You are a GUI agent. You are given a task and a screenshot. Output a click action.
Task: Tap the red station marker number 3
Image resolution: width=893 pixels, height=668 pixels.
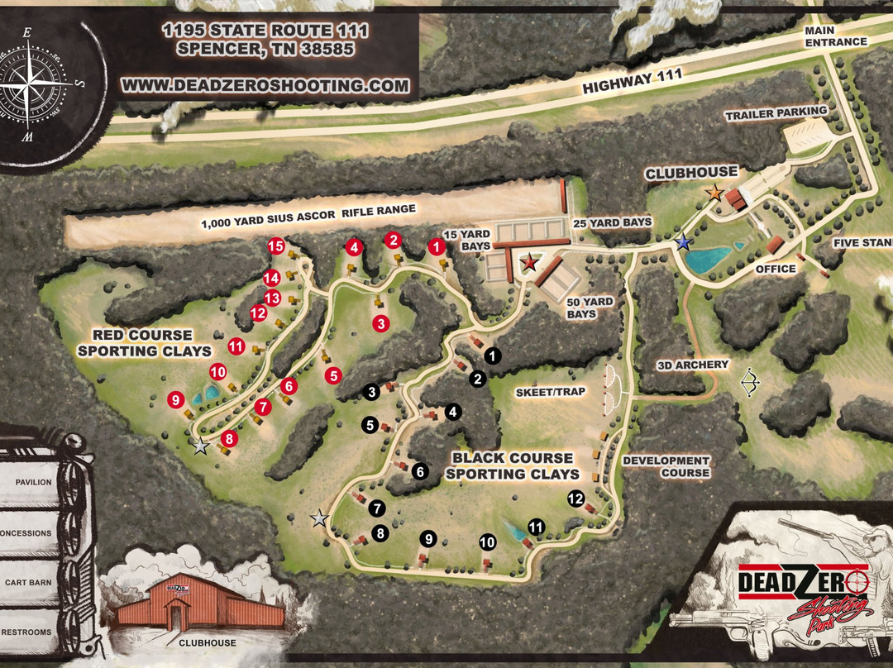click(380, 323)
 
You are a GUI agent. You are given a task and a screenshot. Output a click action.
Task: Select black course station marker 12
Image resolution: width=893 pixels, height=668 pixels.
click(575, 499)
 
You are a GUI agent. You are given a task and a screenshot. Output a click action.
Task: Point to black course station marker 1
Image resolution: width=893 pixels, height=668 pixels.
click(494, 356)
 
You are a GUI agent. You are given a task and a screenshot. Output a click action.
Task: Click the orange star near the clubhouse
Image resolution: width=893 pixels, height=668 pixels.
click(713, 193)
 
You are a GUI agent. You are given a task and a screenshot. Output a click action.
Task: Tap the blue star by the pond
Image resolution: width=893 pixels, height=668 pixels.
click(683, 243)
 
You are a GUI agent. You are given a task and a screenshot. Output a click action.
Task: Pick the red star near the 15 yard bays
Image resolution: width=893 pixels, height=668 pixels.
click(529, 262)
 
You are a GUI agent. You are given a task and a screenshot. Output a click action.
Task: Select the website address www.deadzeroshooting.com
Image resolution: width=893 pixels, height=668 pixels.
click(265, 85)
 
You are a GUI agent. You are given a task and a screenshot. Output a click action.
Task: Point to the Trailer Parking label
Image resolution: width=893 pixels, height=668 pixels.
click(776, 112)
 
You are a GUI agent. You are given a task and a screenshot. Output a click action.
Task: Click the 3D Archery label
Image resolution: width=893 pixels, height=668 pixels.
click(693, 365)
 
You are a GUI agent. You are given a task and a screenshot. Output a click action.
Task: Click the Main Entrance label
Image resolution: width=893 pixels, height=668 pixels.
click(836, 36)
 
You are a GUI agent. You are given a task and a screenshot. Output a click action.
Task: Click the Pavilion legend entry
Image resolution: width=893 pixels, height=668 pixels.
click(32, 482)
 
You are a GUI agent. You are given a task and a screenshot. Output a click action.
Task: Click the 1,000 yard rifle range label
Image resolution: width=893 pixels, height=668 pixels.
click(308, 217)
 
